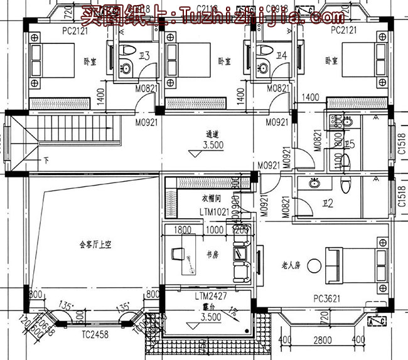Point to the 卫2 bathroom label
click(327, 203)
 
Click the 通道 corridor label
click(212, 134)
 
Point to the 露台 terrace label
click(200, 309)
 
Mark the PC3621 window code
click(327, 299)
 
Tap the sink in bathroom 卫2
click(312, 183)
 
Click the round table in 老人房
click(314, 265)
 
